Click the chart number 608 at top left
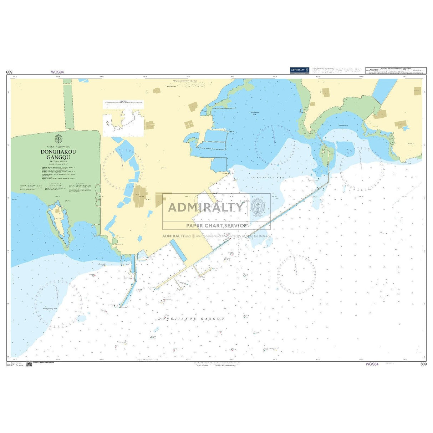[x=10, y=72]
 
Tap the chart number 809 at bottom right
[x=423, y=364]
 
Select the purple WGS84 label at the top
[x=57, y=72]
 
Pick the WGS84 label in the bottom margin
[x=372, y=364]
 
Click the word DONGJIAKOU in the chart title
[x=58, y=152]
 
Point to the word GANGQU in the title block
[x=58, y=157]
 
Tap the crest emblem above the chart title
[x=58, y=139]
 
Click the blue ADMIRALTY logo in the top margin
[x=299, y=70]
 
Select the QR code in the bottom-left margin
[x=29, y=364]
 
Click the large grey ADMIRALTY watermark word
[x=206, y=207]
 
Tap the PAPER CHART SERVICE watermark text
[x=216, y=225]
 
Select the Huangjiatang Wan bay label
[x=50, y=309]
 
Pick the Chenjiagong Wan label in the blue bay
[x=254, y=113]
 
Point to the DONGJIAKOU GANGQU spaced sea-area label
[x=191, y=319]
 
